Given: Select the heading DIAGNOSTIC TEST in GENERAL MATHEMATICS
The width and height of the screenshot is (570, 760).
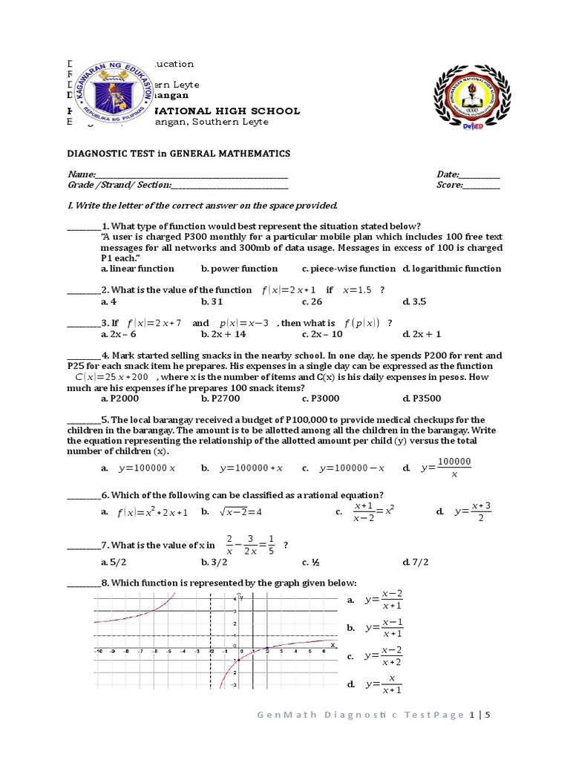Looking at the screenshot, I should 168,154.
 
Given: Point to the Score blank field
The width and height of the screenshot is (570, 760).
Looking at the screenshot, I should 482,187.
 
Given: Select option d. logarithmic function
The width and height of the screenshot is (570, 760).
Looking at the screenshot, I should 451,269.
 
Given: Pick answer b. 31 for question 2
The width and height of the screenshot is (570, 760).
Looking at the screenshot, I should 212,302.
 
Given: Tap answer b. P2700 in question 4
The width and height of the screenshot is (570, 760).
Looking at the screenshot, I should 218,398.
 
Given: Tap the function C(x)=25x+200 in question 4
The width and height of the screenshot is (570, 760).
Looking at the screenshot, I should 111,377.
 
